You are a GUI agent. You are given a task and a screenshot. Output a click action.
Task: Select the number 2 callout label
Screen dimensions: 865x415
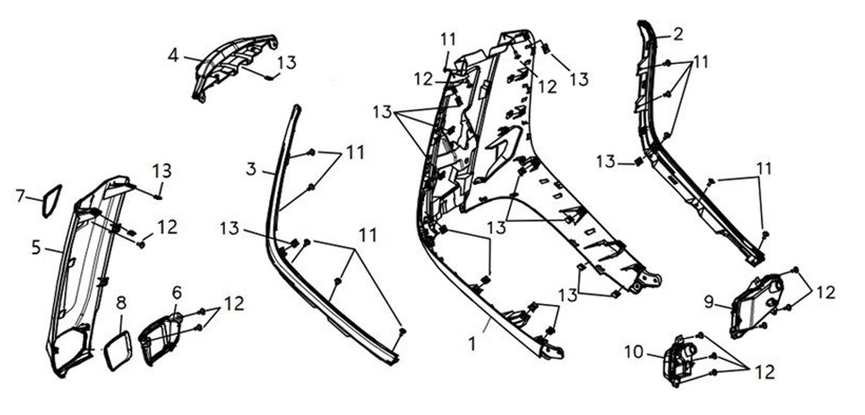tap(678, 34)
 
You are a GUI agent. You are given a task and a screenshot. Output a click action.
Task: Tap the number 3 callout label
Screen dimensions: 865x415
tap(251, 169)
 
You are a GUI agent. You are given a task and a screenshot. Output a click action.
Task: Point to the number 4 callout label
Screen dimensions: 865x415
tap(173, 56)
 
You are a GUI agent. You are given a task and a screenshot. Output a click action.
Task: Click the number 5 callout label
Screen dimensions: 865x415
tap(36, 247)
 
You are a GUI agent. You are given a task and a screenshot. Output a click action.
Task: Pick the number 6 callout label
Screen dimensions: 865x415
tap(177, 293)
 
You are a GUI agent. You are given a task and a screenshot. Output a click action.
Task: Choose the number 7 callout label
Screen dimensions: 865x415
tap(21, 195)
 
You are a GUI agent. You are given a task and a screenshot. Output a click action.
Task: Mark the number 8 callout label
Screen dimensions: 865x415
tap(122, 303)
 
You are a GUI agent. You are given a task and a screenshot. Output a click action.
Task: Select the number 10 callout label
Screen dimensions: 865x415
tap(634, 352)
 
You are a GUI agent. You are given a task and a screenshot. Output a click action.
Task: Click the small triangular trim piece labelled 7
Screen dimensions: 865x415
tap(51, 201)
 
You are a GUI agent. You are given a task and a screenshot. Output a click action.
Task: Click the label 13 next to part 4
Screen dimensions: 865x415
tap(286, 62)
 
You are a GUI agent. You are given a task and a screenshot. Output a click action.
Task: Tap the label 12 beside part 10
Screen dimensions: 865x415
tap(764, 372)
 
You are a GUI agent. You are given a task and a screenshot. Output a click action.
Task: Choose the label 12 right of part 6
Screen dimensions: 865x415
tap(234, 304)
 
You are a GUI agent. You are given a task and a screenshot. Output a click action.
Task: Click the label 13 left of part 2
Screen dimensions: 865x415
tap(606, 163)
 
